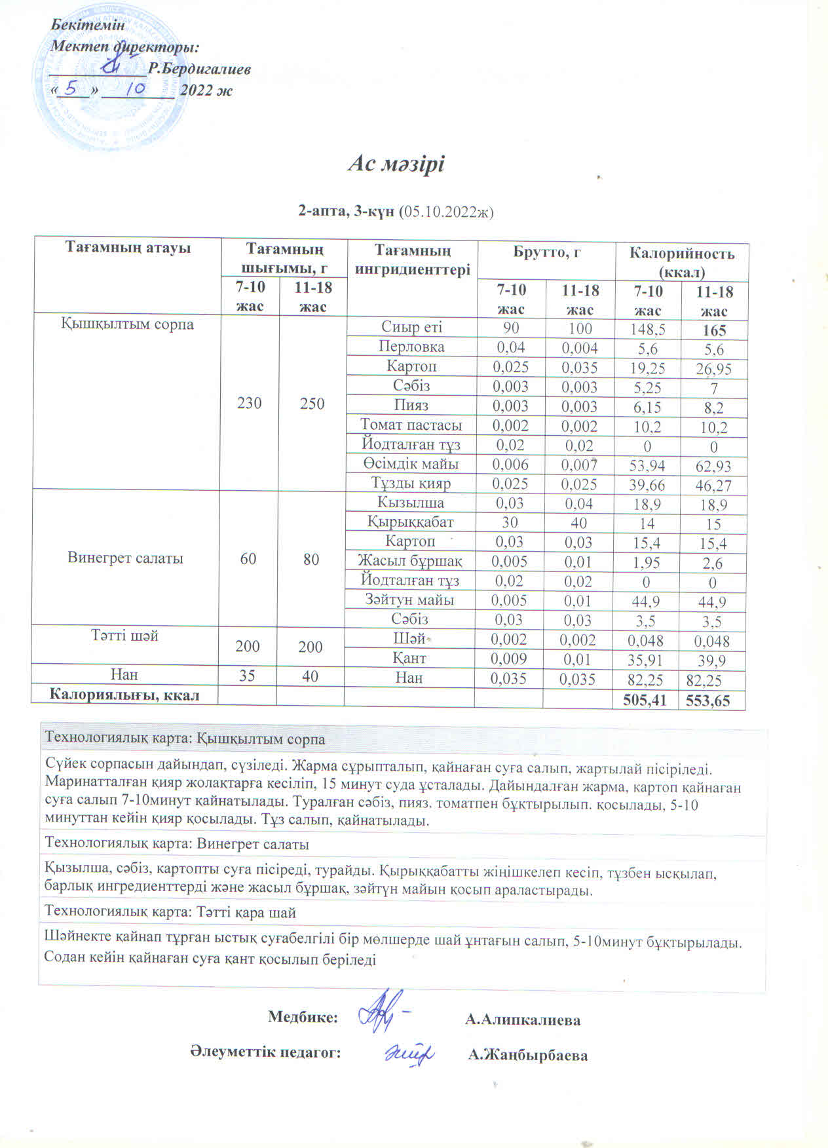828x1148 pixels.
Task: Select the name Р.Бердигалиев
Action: [x=199, y=69]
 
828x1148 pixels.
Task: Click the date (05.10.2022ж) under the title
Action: [x=445, y=211]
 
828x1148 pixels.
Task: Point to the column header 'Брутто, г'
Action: [x=546, y=252]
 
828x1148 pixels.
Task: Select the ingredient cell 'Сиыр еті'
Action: [x=411, y=327]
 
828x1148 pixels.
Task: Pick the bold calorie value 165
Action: [x=714, y=330]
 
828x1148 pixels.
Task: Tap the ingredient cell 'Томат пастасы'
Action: [x=411, y=425]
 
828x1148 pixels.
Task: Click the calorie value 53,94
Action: [x=647, y=466]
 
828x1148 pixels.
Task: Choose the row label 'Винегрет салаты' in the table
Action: [x=125, y=558]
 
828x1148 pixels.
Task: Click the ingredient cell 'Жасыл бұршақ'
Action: [x=410, y=561]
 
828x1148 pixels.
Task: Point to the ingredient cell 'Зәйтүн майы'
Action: [x=409, y=600]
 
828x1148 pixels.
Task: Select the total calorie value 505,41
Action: [x=645, y=700]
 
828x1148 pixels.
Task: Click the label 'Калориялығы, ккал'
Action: [x=125, y=695]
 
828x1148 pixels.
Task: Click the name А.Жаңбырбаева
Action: [x=528, y=1056]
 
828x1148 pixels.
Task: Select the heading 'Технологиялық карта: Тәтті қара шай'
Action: [x=170, y=912]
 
